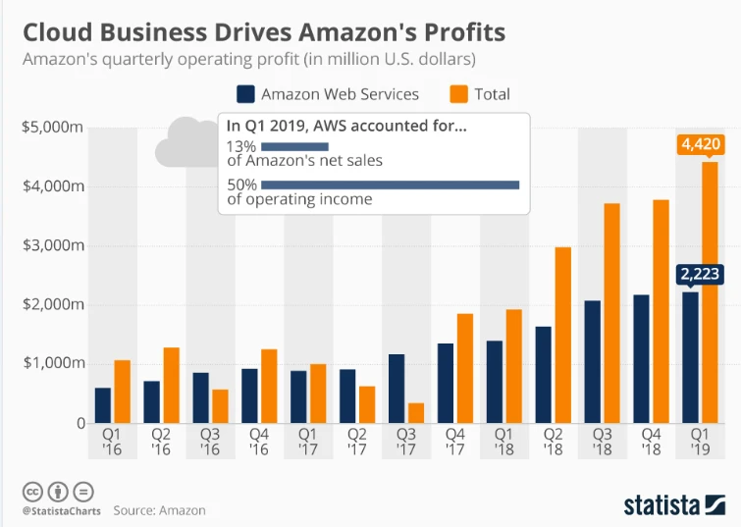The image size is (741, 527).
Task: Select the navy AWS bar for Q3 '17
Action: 397,389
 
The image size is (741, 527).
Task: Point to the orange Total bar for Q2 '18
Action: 562,335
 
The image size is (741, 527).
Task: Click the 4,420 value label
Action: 701,145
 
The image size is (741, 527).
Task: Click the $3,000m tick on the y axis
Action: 53,245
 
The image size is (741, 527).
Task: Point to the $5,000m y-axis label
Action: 53,127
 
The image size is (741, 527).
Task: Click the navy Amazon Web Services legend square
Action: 246,94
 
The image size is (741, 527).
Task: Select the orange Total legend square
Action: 459,94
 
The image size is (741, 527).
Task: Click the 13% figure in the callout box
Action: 241,144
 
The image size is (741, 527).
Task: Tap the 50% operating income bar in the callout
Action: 390,184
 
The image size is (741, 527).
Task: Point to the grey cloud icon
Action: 186,141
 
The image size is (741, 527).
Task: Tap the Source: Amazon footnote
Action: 159,511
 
